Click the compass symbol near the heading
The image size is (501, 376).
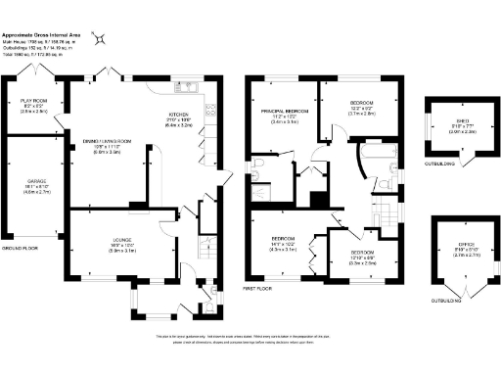click(102, 36)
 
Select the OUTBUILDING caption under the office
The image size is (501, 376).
click(444, 301)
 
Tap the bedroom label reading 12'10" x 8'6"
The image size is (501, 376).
click(361, 260)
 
